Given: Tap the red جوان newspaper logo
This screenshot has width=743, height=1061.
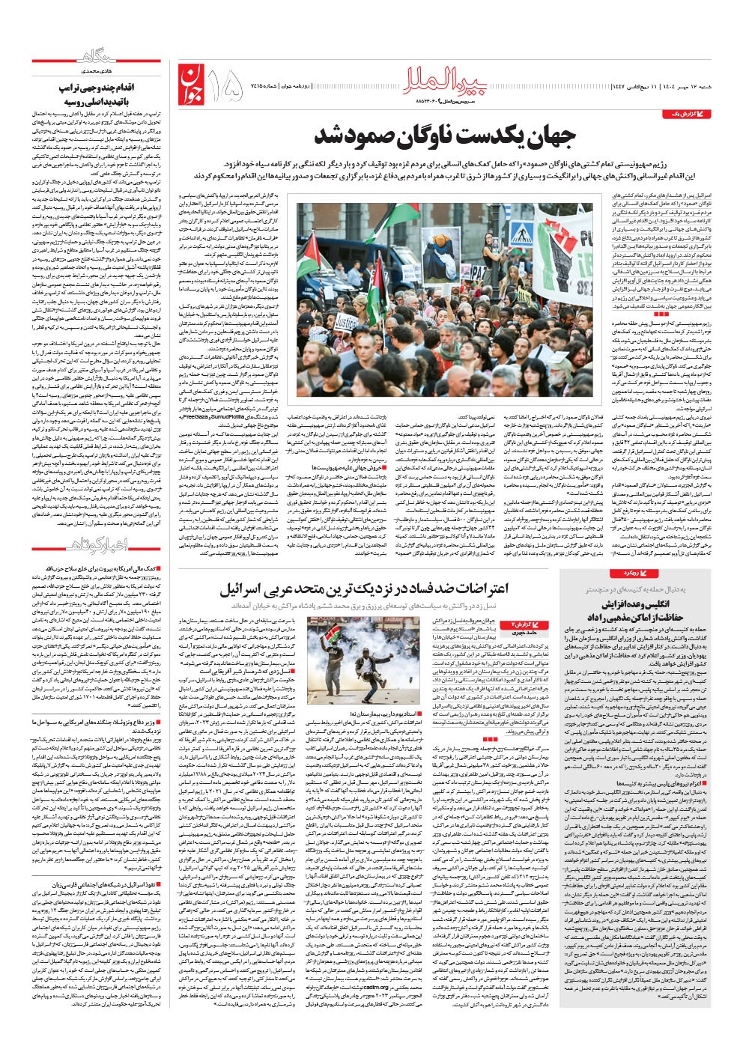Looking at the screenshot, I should tap(192, 83).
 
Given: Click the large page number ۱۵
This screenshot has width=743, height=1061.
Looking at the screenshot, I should tap(228, 85).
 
